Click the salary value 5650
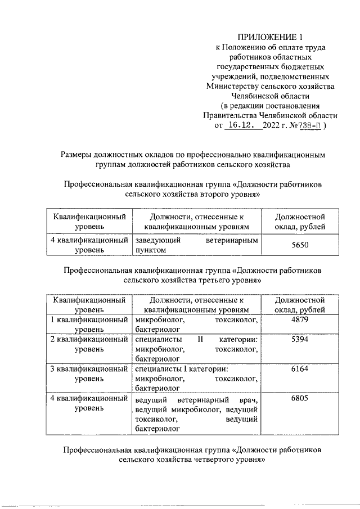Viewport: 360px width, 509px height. coord(300,245)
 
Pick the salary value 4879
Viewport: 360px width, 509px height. coord(300,320)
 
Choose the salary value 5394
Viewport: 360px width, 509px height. coord(300,340)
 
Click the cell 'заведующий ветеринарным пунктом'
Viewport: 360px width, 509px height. coord(196,245)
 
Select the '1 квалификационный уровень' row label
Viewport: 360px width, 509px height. coord(89,325)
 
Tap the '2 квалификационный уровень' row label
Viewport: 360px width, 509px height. coord(89,345)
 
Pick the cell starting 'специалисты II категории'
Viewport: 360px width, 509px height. coord(196,349)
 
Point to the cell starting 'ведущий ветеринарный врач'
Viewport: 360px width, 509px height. coord(196,414)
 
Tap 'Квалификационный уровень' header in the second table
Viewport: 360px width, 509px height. coord(89,305)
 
